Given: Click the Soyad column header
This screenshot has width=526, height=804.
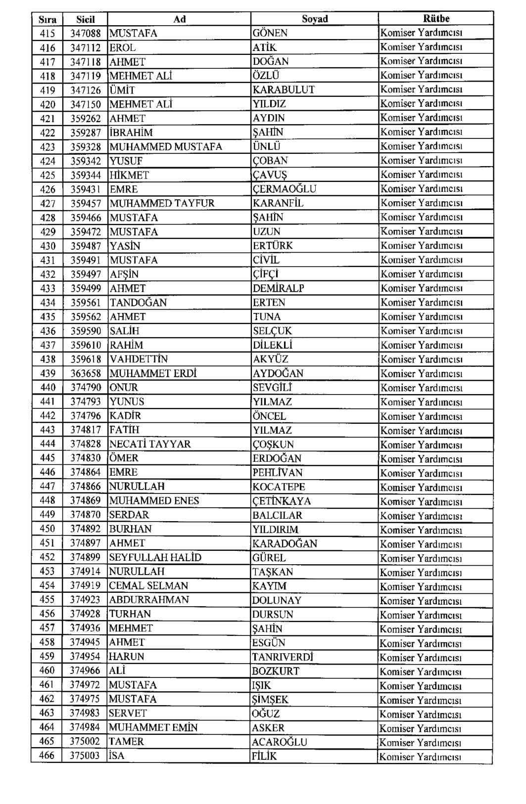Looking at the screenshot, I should pos(315,19).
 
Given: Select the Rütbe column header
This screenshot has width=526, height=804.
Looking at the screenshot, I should pos(436,18).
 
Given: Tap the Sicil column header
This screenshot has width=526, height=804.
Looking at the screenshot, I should pos(85,19).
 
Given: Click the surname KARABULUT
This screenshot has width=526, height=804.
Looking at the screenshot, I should pos(284,90).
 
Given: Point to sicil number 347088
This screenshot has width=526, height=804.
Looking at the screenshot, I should pos(85,34).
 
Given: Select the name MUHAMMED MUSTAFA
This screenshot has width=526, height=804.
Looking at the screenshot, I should pos(166,147).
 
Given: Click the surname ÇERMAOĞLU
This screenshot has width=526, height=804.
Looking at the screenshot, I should pos(284,189).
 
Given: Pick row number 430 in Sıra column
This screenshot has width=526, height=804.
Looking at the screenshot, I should pos(48,246).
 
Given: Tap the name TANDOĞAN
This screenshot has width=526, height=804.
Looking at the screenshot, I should pos(138,303).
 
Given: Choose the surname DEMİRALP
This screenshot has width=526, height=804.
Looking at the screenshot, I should pos(278,288).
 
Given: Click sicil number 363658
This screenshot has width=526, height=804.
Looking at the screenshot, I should pos(85,374).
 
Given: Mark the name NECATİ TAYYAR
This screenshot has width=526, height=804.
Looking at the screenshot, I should pos(150,445).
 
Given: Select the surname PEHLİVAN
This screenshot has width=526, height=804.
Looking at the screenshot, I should pos(277,473).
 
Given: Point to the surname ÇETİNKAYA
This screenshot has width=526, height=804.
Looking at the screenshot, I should pos(282,501).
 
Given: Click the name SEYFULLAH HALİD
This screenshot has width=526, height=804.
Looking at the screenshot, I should pos(155,558).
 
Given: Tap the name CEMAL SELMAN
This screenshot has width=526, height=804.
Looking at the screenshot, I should pos(148,586).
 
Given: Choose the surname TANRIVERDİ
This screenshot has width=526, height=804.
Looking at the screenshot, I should pos(283,657).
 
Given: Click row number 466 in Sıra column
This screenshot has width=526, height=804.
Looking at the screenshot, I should pos(48,756).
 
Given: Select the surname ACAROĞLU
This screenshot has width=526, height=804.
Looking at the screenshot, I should pos(279,742).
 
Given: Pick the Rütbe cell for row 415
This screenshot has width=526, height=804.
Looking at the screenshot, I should pos(421,33).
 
